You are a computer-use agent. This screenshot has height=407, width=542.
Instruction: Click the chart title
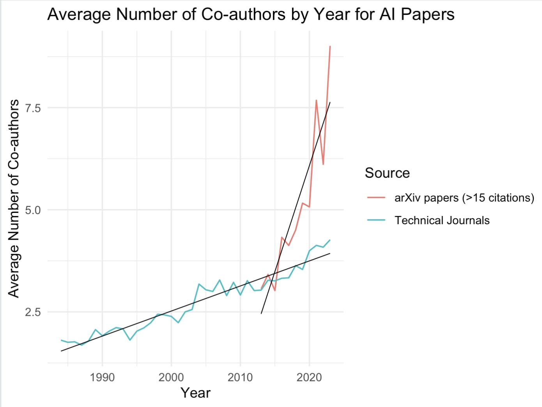251,15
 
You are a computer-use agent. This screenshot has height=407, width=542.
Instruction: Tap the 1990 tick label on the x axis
102,377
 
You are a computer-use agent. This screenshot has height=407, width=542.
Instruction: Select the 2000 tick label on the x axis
171,377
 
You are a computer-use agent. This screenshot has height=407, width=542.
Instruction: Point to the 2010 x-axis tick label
240,377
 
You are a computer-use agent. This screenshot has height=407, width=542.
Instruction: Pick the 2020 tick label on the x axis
309,377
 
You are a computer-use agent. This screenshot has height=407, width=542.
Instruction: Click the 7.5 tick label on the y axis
33,108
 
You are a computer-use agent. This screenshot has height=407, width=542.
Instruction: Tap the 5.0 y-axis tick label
33,210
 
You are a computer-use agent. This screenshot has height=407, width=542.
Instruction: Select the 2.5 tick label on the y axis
33,312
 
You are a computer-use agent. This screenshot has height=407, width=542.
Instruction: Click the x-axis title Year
195,393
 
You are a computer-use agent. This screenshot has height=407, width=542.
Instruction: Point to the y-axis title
14,198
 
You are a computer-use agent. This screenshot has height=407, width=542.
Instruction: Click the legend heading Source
387,173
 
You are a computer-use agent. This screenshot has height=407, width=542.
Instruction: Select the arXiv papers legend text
464,198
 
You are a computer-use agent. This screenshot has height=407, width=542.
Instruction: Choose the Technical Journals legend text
442,220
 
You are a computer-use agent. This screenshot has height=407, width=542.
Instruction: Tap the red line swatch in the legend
376,198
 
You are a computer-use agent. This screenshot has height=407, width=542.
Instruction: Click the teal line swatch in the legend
376,220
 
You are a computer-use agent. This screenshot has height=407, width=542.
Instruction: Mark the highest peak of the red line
330,46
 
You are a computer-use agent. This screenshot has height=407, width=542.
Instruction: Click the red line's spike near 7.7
316,100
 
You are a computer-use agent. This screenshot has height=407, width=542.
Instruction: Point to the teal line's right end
330,240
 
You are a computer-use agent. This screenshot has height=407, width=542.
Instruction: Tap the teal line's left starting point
61,340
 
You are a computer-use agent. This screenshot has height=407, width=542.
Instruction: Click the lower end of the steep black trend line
261,313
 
